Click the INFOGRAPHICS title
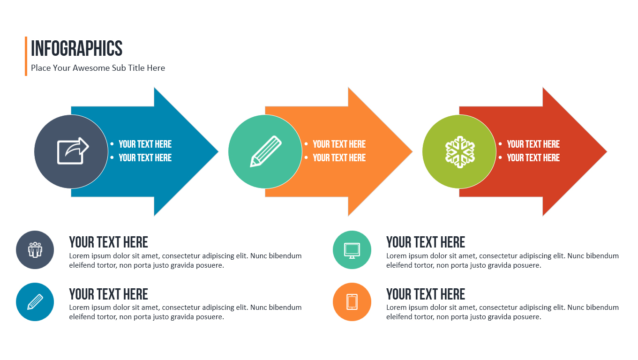click(x=76, y=49)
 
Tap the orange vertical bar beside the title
click(x=26, y=56)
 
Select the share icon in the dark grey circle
click(x=72, y=151)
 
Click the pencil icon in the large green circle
click(x=265, y=151)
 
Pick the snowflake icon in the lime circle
click(x=459, y=151)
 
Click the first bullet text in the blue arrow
click(x=145, y=144)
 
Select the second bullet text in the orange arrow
click(x=339, y=158)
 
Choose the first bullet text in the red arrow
click(x=533, y=144)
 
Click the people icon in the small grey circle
click(x=35, y=250)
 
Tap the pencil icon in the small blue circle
click(x=35, y=302)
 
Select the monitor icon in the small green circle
click(x=352, y=250)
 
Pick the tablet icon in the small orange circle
click(x=352, y=302)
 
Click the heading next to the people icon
click(x=108, y=242)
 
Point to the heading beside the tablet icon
click(x=425, y=294)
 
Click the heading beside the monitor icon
click(x=425, y=242)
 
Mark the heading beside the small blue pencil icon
click(x=108, y=294)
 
